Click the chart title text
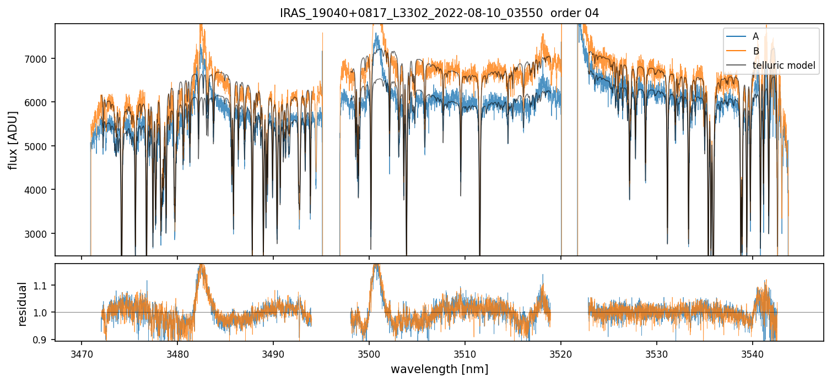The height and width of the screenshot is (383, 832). click(x=439, y=14)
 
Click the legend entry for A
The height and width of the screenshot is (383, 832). click(x=755, y=36)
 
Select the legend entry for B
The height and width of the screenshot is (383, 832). click(x=755, y=51)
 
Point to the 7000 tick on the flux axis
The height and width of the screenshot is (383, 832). click(x=39, y=58)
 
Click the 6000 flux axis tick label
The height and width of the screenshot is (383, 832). click(x=39, y=102)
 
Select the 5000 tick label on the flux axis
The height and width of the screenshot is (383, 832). click(x=39, y=146)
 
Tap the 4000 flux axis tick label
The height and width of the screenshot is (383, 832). click(x=39, y=190)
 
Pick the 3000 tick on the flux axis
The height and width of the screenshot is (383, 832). click(x=39, y=233)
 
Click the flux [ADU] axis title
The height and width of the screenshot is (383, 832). click(x=13, y=140)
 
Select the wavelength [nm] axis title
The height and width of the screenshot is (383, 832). click(x=439, y=369)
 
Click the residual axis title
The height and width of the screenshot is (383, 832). click(x=23, y=304)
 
